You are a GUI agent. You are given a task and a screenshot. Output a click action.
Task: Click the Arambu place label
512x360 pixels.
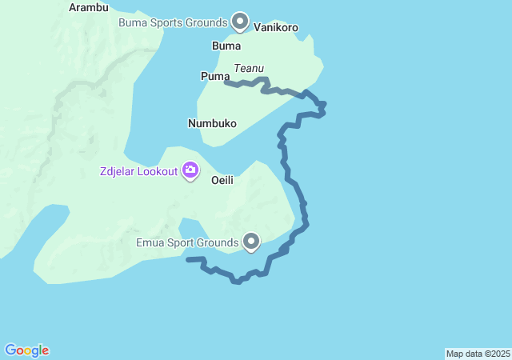(x=88, y=7)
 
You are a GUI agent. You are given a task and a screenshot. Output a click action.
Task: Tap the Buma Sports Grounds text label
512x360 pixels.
(x=173, y=22)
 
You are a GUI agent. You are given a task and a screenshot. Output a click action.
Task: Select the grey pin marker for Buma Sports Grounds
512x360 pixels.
(x=239, y=21)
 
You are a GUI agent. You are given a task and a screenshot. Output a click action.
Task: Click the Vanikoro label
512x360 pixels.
(x=276, y=27)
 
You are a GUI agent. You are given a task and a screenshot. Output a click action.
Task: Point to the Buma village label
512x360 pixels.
(x=226, y=46)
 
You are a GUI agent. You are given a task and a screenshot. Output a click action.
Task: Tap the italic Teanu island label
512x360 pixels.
(x=249, y=69)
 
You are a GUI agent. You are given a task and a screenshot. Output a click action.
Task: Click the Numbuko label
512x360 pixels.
(x=212, y=124)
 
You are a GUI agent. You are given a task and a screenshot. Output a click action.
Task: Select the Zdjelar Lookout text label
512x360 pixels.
(x=138, y=171)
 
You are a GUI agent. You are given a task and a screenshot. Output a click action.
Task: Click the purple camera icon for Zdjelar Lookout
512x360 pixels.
(x=190, y=170)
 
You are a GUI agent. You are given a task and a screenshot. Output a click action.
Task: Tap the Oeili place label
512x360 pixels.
(x=222, y=181)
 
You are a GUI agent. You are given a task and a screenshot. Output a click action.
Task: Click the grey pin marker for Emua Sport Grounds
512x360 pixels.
(x=251, y=241)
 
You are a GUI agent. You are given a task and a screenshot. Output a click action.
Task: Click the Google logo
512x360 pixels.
(x=27, y=350)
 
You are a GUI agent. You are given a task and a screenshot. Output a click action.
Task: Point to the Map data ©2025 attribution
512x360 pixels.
(x=478, y=354)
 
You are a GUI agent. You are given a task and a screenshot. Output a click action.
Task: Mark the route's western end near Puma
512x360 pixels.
(x=226, y=82)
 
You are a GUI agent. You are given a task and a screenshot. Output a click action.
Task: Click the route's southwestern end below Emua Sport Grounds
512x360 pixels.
(x=188, y=259)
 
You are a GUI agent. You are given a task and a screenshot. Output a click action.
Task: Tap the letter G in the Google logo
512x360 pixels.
(x=10, y=350)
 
